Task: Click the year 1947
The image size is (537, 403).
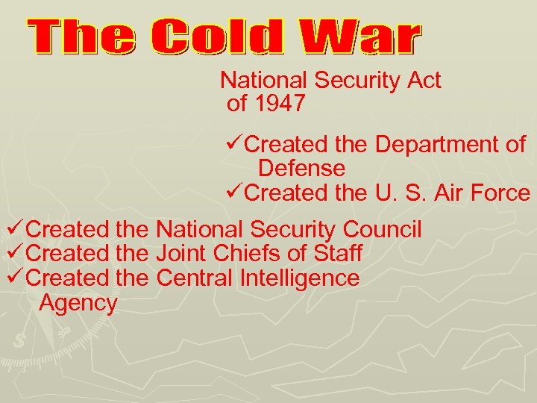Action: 280,104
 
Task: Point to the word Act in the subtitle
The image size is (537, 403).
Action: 421,80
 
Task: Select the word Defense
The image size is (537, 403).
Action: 301,168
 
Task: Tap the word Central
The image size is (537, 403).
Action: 195,278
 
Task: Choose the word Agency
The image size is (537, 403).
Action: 78,304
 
